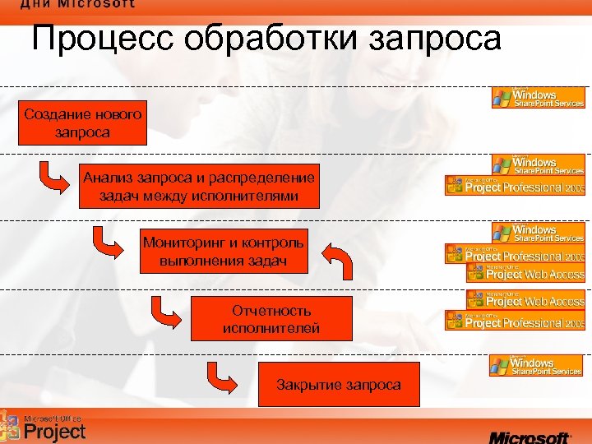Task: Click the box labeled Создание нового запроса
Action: (x=82, y=123)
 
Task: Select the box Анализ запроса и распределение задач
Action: (x=198, y=187)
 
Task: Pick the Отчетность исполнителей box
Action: (x=271, y=319)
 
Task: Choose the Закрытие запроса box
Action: (x=339, y=384)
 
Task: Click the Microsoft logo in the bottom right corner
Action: (x=530, y=435)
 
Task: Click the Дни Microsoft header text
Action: (x=78, y=4)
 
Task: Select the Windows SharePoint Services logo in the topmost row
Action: (x=538, y=98)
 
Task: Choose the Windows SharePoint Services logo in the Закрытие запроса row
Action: (x=535, y=366)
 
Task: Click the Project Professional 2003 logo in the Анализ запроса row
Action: (x=515, y=186)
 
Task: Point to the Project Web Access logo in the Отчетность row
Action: (x=525, y=298)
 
